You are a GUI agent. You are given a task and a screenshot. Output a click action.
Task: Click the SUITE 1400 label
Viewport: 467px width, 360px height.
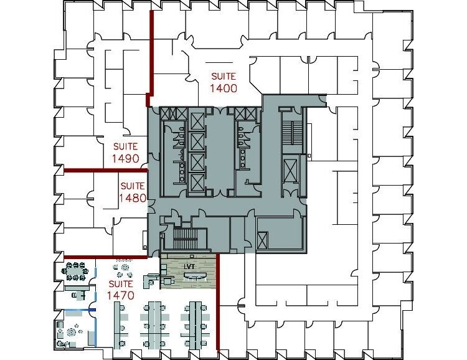pos(224,82)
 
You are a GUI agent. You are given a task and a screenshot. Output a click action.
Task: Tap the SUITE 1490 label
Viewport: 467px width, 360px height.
pos(126,153)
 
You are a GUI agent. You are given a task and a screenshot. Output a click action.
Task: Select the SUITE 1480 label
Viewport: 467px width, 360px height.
pos(133,192)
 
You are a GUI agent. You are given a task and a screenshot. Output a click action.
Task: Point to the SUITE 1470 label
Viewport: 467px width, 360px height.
pos(121,290)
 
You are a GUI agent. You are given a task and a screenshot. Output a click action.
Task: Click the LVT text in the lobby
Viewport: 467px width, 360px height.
pos(189,267)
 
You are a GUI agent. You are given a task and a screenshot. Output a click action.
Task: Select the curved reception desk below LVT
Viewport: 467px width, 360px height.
pos(196,277)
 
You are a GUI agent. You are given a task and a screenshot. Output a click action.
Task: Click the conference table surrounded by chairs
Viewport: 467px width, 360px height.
pos(75,271)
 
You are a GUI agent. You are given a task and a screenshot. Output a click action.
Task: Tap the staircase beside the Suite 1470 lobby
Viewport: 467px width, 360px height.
pos(186,238)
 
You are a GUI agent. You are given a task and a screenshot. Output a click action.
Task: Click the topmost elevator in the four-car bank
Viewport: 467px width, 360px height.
pos(197,121)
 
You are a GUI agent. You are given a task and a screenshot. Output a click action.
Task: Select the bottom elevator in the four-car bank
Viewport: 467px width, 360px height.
pos(197,182)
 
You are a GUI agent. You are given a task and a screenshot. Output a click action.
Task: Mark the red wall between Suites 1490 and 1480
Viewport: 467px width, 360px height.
pos(106,171)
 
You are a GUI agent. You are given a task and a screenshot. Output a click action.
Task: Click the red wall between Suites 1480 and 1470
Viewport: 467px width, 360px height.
pos(106,257)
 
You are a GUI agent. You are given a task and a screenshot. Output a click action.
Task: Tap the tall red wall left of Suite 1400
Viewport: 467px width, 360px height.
pos(151,58)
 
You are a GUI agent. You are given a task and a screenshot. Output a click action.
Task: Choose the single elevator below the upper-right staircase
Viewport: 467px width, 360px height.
pos(290,170)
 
